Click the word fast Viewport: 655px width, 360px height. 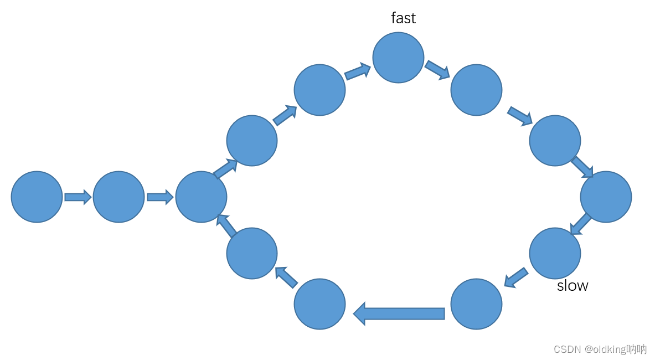pyautogui.click(x=403, y=18)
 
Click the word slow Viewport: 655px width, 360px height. pyautogui.click(x=573, y=286)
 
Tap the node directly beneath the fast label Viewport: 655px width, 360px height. pyautogui.click(x=398, y=58)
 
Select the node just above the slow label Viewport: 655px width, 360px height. pyautogui.click(x=555, y=253)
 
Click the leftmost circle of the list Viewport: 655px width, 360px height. pyautogui.click(x=37, y=197)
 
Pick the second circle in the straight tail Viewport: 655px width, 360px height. pyautogui.click(x=118, y=197)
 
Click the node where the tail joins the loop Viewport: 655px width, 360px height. pyautogui.click(x=201, y=197)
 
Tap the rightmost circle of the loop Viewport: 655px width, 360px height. pyautogui.click(x=606, y=197)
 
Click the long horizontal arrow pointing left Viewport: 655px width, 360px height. pyautogui.click(x=399, y=313)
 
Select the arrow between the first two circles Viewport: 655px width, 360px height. pyautogui.click(x=78, y=197)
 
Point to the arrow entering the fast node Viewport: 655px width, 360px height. pyautogui.click(x=358, y=71)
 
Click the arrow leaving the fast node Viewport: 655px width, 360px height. pyautogui.click(x=437, y=70)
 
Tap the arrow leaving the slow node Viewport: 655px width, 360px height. pyautogui.click(x=516, y=277)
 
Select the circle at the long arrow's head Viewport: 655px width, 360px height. pyautogui.click(x=319, y=304)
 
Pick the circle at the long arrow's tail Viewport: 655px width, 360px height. pyautogui.click(x=476, y=304)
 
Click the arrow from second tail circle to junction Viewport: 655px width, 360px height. pyautogui.click(x=160, y=197)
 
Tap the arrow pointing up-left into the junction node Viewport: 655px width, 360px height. pyautogui.click(x=226, y=226)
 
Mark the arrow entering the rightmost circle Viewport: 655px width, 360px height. pyautogui.click(x=582, y=167)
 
